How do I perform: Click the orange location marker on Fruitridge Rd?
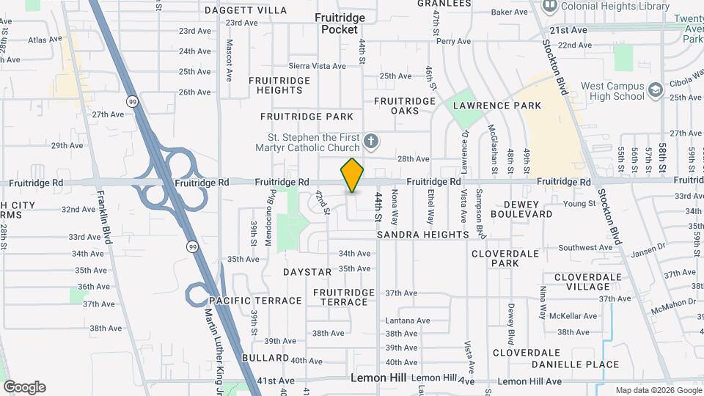(x=353, y=175)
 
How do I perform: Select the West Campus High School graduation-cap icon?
(x=655, y=90)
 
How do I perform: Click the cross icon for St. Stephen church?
(x=372, y=141)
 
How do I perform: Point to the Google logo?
(x=24, y=387)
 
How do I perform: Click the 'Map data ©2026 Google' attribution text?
(x=658, y=390)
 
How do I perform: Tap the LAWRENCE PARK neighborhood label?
(x=497, y=106)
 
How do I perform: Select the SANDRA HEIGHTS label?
(x=422, y=235)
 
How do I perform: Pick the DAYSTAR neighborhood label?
(x=307, y=272)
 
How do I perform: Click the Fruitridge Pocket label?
(x=340, y=23)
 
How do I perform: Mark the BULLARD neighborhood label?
(x=265, y=358)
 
